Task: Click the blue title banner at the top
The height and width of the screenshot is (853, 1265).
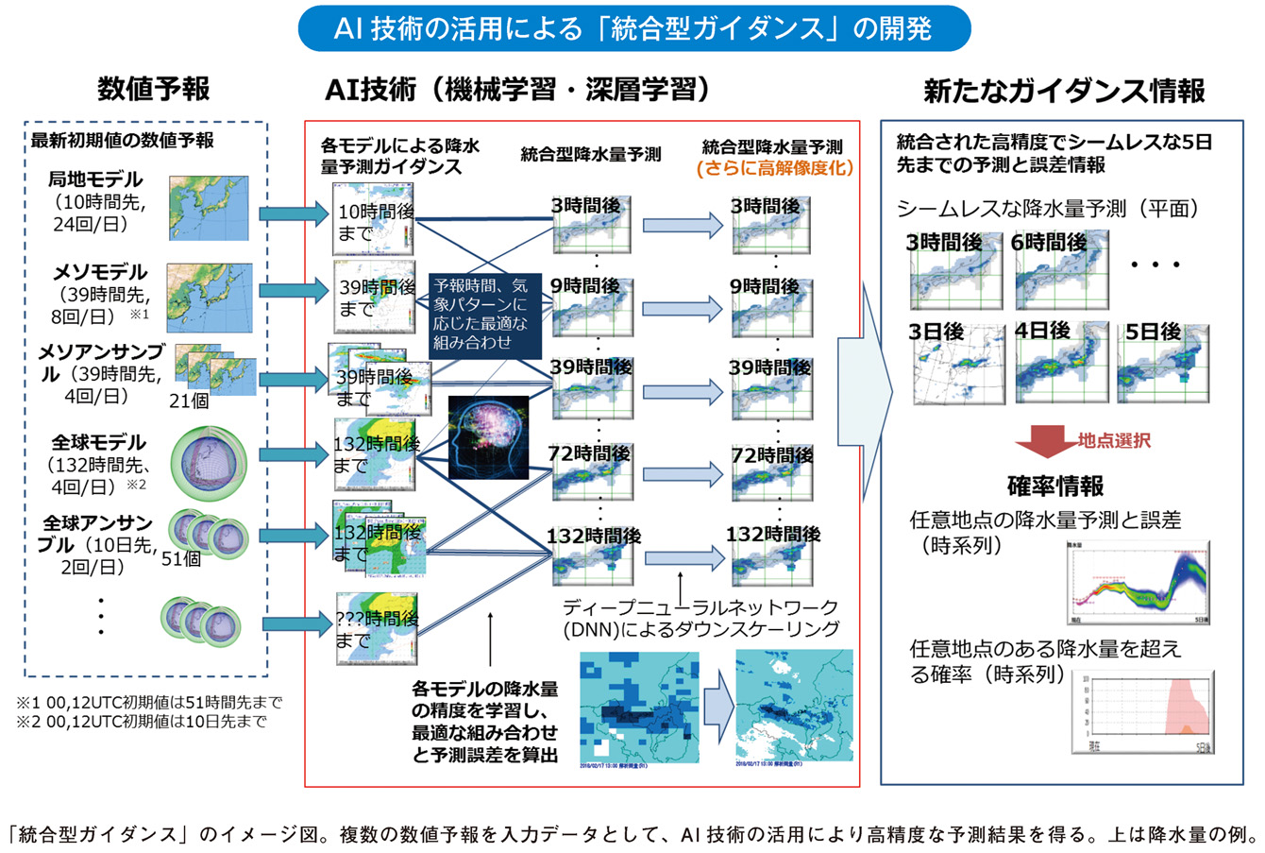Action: pyautogui.click(x=632, y=28)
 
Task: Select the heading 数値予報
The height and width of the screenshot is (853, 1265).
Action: pyautogui.click(x=154, y=90)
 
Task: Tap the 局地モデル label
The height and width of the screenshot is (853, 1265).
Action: pyautogui.click(x=95, y=179)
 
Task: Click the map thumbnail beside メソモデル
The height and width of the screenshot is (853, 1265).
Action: pyautogui.click(x=210, y=298)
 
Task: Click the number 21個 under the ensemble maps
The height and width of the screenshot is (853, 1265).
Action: pyautogui.click(x=190, y=401)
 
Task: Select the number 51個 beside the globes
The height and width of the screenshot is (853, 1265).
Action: pyautogui.click(x=181, y=558)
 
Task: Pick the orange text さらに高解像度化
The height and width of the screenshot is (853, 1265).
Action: pyautogui.click(x=773, y=169)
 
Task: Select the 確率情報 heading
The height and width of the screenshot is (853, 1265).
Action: pyautogui.click(x=1054, y=486)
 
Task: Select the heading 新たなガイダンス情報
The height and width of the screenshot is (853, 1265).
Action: pyautogui.click(x=1064, y=91)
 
